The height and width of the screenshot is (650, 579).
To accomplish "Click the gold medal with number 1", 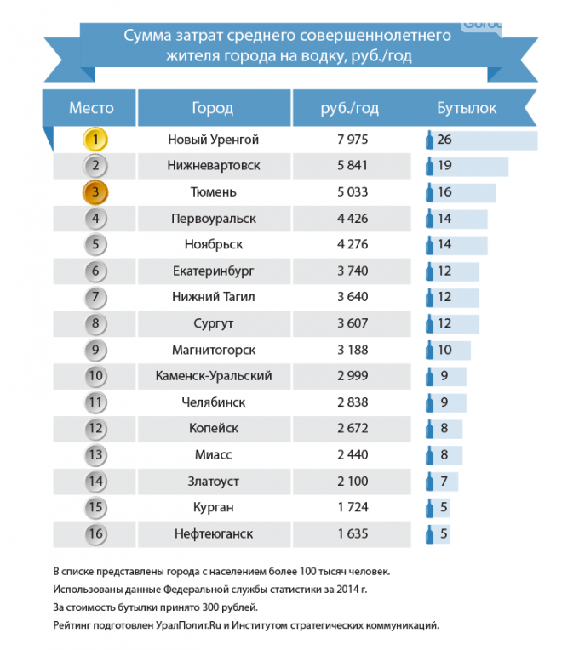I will pyautogui.click(x=95, y=140).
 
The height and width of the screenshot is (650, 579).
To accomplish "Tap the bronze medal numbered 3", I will pyautogui.click(x=95, y=192).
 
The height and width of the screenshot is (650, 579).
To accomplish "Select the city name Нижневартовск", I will pyautogui.click(x=214, y=166).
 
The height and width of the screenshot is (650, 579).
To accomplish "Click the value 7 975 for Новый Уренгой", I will pyautogui.click(x=353, y=140).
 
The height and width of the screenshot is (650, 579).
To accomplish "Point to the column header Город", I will pyautogui.click(x=213, y=108).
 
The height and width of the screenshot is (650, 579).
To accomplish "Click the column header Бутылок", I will pyautogui.click(x=467, y=108).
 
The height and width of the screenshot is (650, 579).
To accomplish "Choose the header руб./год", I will pyautogui.click(x=350, y=108).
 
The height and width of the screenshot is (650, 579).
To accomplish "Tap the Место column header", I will pyautogui.click(x=91, y=108).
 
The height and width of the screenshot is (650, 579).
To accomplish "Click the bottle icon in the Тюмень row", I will pyautogui.click(x=429, y=192).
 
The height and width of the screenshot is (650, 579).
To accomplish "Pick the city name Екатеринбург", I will pyautogui.click(x=214, y=271).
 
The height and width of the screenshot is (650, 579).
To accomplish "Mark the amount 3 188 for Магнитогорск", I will pyautogui.click(x=353, y=350).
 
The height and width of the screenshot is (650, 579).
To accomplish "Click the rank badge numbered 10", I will pyautogui.click(x=95, y=376).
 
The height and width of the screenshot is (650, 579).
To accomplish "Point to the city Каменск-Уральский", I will pyautogui.click(x=214, y=376).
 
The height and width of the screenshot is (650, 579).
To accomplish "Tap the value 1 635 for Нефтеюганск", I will pyautogui.click(x=353, y=534).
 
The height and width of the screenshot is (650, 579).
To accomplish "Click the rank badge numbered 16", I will pyautogui.click(x=95, y=534).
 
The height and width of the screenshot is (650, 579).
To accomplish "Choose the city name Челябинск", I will pyautogui.click(x=214, y=402).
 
